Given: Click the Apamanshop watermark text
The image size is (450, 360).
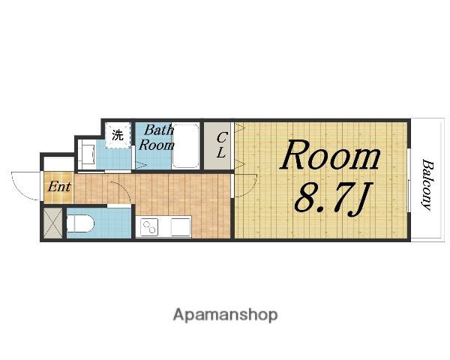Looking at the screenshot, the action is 225,315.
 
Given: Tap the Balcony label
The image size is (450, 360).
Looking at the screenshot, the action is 428,185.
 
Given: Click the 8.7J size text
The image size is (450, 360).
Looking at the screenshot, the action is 332,199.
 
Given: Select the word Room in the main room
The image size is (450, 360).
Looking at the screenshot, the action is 330,155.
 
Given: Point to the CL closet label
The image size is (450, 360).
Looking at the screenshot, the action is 221,145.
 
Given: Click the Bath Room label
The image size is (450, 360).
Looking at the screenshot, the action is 157,137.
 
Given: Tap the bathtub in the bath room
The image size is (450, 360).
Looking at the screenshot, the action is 186,145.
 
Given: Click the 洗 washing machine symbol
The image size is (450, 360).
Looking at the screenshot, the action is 118,135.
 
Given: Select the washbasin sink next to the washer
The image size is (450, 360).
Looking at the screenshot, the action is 88,155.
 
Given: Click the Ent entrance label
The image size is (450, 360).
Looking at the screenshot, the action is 59,187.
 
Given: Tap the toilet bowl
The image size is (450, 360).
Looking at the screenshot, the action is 80,223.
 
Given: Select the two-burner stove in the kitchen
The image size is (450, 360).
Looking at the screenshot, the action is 149,226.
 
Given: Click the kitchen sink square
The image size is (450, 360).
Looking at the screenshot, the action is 181,226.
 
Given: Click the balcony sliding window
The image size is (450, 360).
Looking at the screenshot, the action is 409,180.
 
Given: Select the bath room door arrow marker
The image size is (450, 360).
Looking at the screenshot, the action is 141,166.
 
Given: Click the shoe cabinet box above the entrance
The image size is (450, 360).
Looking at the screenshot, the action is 58,164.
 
